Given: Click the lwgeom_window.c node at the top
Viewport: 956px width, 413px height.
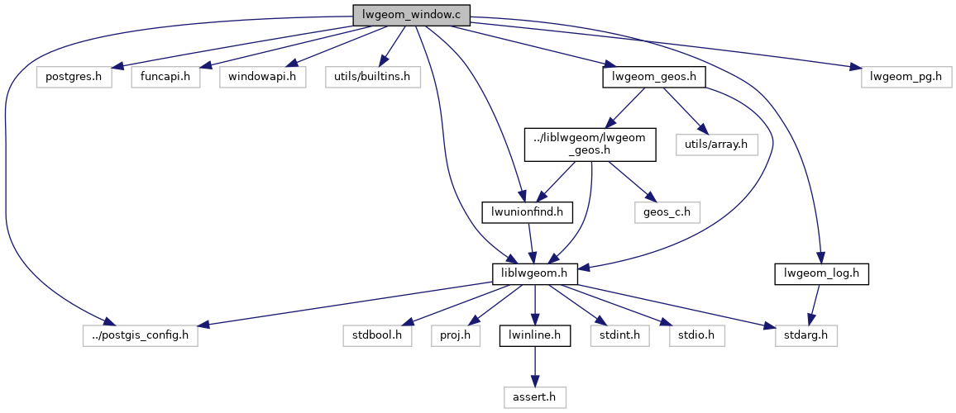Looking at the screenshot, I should pyautogui.click(x=411, y=14).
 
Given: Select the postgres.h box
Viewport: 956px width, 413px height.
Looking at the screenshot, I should pyautogui.click(x=74, y=77).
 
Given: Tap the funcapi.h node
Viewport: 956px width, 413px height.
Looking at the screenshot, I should pyautogui.click(x=165, y=77).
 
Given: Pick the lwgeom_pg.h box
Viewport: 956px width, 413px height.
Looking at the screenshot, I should pyautogui.click(x=906, y=77).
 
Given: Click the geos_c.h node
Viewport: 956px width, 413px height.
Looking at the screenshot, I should pyautogui.click(x=667, y=211).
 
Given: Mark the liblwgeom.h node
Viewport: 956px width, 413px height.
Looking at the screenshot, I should pyautogui.click(x=534, y=273).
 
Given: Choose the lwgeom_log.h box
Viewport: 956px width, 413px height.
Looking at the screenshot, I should pyautogui.click(x=822, y=273).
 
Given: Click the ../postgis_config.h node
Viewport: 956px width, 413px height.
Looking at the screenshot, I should pyautogui.click(x=141, y=335).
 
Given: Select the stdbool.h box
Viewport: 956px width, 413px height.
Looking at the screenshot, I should pyautogui.click(x=378, y=335).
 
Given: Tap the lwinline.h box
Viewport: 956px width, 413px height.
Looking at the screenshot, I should pyautogui.click(x=534, y=335).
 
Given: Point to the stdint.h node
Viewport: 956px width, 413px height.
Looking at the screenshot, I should pyautogui.click(x=619, y=335).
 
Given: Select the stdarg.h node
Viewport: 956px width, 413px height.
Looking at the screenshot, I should pyautogui.click(x=806, y=335).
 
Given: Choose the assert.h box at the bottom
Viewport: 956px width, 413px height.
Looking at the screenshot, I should pyautogui.click(x=534, y=397).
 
